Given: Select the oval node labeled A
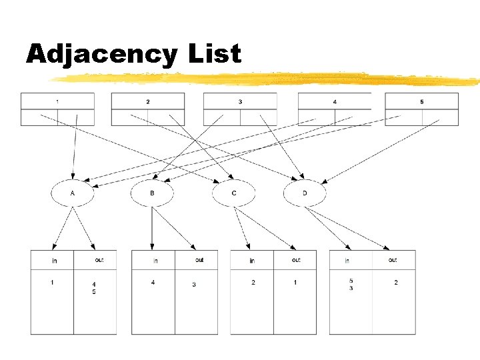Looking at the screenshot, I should click(x=73, y=193).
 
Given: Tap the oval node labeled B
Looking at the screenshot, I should click(x=152, y=193).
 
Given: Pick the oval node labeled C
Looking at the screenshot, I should click(x=234, y=193).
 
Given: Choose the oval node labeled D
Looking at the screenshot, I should click(x=305, y=193).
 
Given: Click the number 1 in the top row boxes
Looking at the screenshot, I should click(x=57, y=101).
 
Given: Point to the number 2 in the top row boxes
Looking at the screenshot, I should click(x=147, y=101).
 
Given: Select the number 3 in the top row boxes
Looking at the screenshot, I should click(x=240, y=101).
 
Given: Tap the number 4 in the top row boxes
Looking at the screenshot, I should click(x=334, y=101).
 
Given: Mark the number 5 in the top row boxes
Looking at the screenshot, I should click(x=421, y=101).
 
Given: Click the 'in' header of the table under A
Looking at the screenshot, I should click(x=54, y=260).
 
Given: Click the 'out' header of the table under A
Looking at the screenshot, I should click(x=99, y=259).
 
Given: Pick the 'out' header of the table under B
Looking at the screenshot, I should click(x=199, y=259).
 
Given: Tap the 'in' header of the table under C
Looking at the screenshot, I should click(x=252, y=260).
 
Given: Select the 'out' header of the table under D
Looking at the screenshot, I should click(x=393, y=259).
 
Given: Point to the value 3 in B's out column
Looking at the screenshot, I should click(x=194, y=285).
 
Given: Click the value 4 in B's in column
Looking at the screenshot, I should click(x=153, y=283).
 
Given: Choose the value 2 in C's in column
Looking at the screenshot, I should click(x=253, y=283).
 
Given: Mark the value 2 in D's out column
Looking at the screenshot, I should click(x=396, y=283).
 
